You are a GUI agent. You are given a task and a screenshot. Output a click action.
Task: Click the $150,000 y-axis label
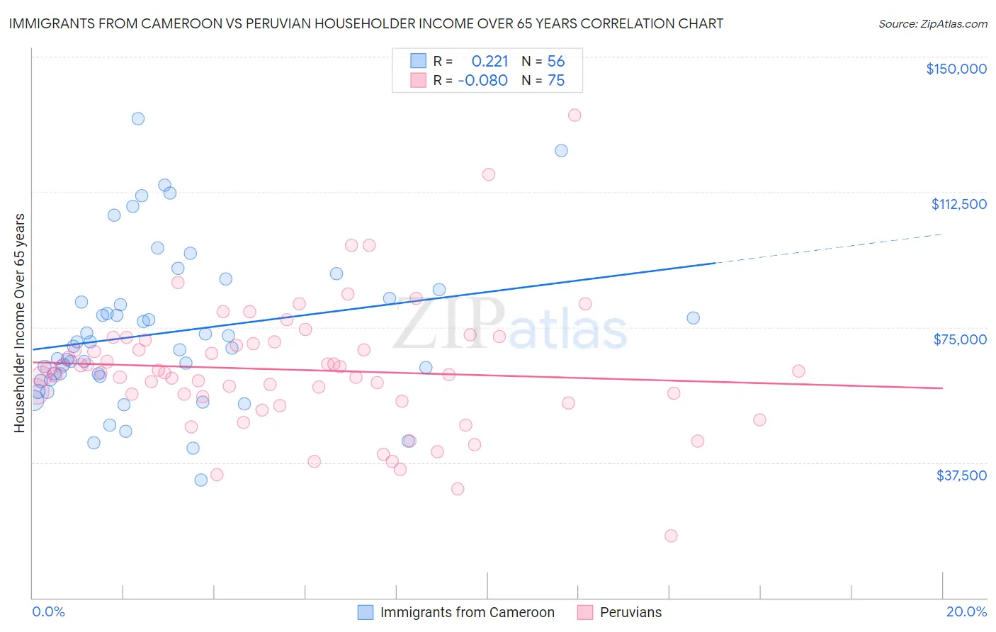click(x=956, y=69)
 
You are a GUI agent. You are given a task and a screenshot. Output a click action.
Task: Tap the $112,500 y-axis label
click(x=958, y=204)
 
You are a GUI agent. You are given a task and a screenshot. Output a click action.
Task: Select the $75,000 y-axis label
click(x=960, y=339)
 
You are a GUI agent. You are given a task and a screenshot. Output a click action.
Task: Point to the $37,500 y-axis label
click(x=961, y=475)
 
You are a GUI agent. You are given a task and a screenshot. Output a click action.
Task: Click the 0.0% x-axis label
click(x=48, y=611)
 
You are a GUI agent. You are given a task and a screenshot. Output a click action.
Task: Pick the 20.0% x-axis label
click(x=966, y=611)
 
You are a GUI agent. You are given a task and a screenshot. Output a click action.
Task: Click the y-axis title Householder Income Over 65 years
click(x=20, y=323)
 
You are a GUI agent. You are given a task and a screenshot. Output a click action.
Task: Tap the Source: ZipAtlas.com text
click(x=932, y=23)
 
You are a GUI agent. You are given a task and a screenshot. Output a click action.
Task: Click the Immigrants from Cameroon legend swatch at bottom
click(x=365, y=612)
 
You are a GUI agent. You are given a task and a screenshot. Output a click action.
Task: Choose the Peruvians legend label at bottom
click(x=630, y=612)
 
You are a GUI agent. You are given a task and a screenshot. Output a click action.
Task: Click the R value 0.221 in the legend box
click(x=490, y=61)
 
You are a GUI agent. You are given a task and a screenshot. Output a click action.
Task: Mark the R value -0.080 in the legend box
click(x=483, y=80)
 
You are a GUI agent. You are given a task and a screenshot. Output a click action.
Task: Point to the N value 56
click(x=556, y=61)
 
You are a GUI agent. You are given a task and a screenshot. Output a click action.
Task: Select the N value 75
click(x=556, y=80)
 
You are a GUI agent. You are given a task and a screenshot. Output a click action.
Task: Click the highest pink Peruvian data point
click(x=575, y=115)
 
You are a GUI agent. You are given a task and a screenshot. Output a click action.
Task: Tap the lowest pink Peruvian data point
click(x=671, y=536)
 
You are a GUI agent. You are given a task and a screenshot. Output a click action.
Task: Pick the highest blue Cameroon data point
click(x=138, y=118)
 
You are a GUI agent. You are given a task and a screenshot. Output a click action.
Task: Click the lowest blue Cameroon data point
click(x=200, y=480)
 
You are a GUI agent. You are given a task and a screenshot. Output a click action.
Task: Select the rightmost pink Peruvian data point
click(x=798, y=371)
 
